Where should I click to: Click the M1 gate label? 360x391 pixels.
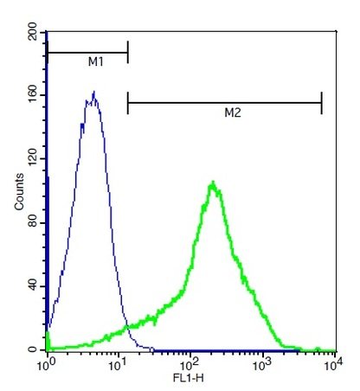(x=95, y=62)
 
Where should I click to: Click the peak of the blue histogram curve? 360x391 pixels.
(x=93, y=93)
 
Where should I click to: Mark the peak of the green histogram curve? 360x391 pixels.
(x=212, y=183)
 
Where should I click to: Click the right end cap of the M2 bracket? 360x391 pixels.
(x=321, y=103)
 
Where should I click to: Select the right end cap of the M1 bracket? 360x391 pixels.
(x=128, y=52)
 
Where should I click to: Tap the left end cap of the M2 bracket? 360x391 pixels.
(x=128, y=103)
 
